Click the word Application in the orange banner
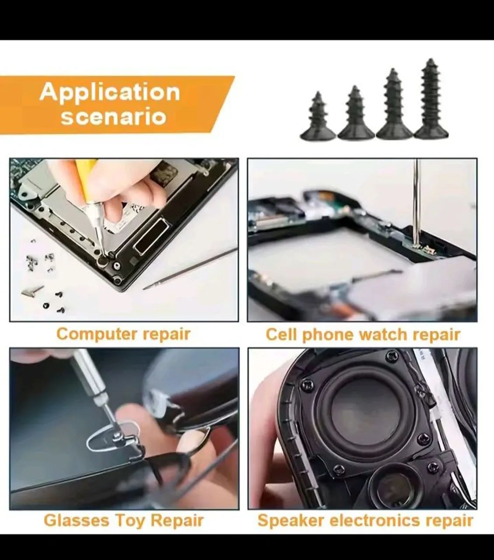pos(109,92)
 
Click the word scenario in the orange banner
pos(114,117)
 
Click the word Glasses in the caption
pos(77,521)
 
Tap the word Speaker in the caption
pos(291,521)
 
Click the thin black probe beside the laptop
pos(193,269)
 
